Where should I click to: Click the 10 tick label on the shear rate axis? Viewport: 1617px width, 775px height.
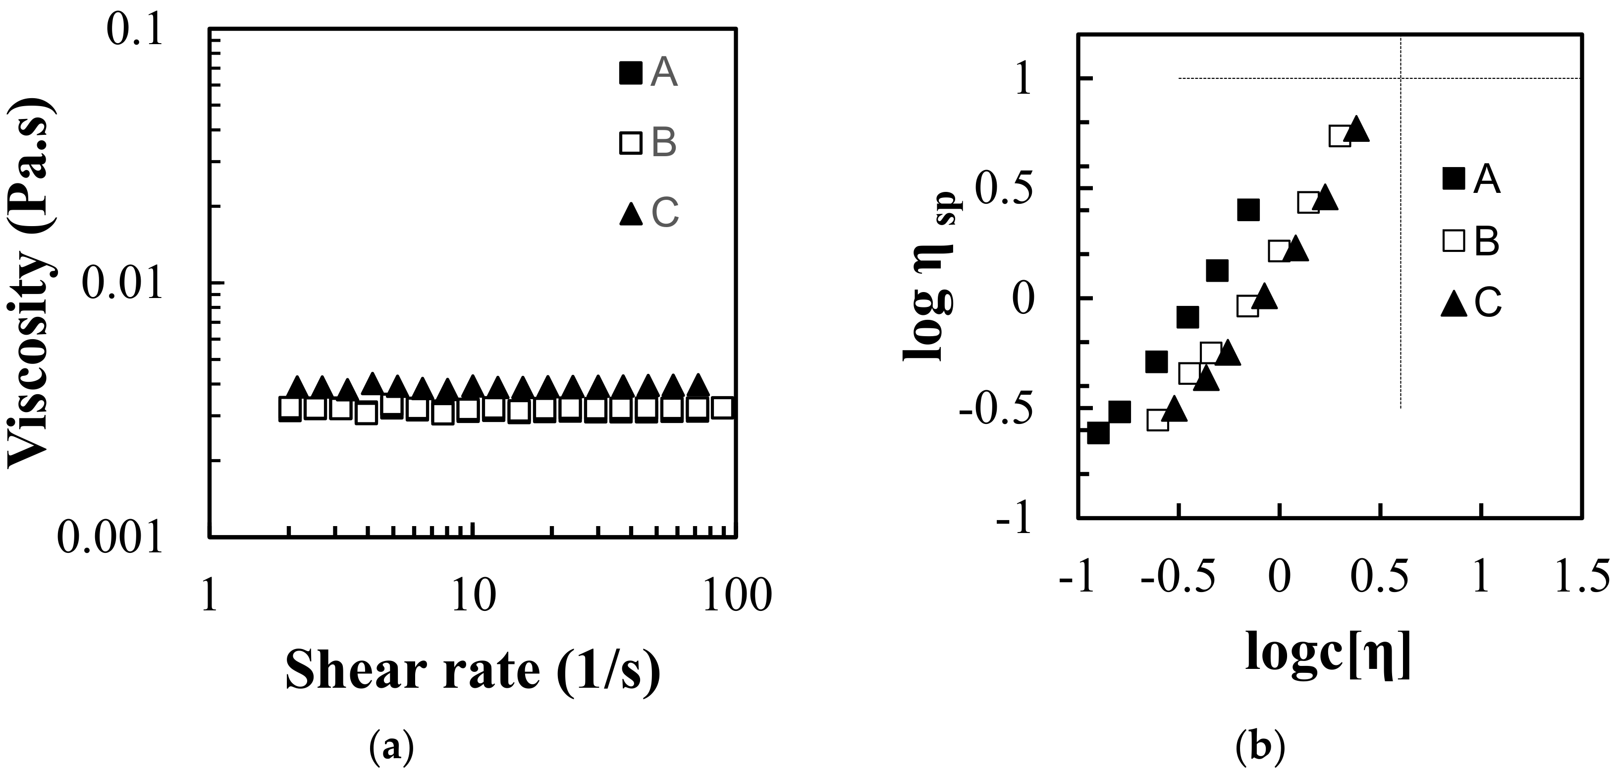473,596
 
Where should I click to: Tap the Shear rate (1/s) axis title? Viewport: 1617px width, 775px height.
473,671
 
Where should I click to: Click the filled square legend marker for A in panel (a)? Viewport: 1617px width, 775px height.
630,73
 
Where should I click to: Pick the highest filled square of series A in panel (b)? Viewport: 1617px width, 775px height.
1248,210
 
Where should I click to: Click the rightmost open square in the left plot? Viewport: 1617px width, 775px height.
723,408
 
